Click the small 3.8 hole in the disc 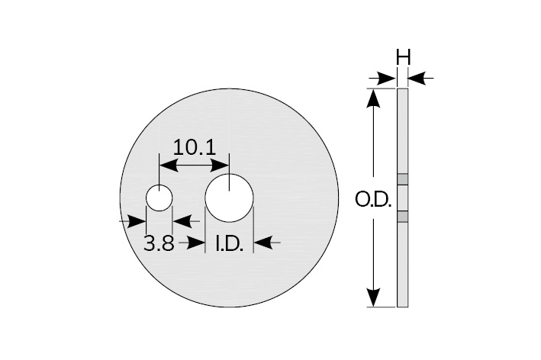coord(159,198)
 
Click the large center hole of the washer coord(229,197)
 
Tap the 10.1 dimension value coord(193,146)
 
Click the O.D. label coord(374,200)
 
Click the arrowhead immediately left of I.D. coord(199,243)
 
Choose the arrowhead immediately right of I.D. coord(259,243)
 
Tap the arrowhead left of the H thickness coord(391,77)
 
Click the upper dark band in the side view coord(404,180)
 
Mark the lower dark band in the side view coord(404,217)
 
